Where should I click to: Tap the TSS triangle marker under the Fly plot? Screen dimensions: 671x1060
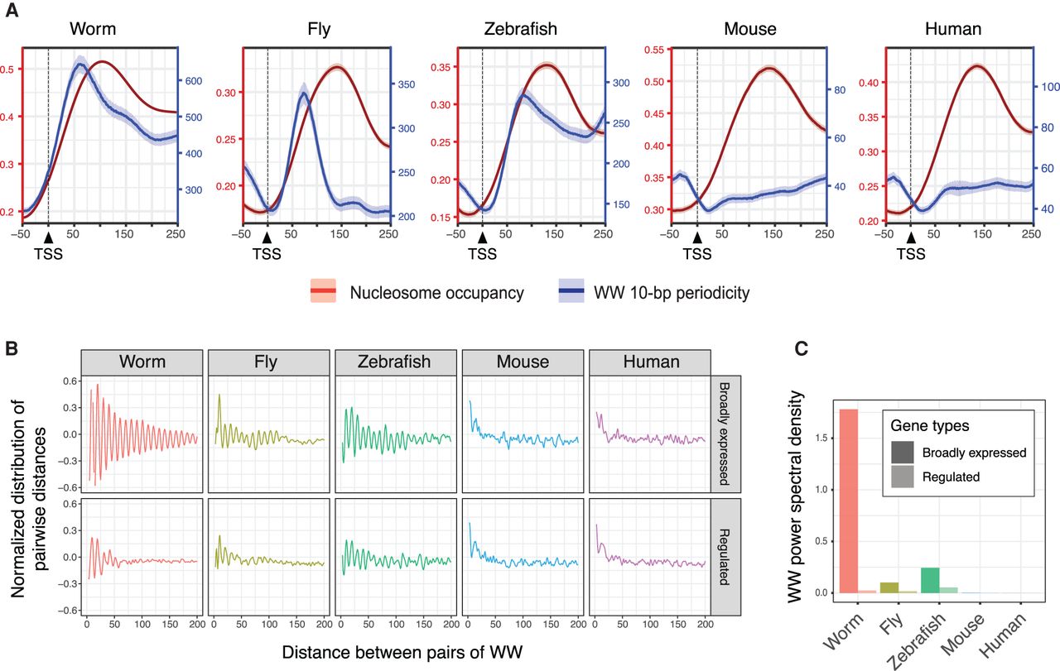267,238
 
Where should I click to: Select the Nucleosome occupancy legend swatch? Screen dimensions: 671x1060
322,291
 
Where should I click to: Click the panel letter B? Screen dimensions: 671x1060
12,348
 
